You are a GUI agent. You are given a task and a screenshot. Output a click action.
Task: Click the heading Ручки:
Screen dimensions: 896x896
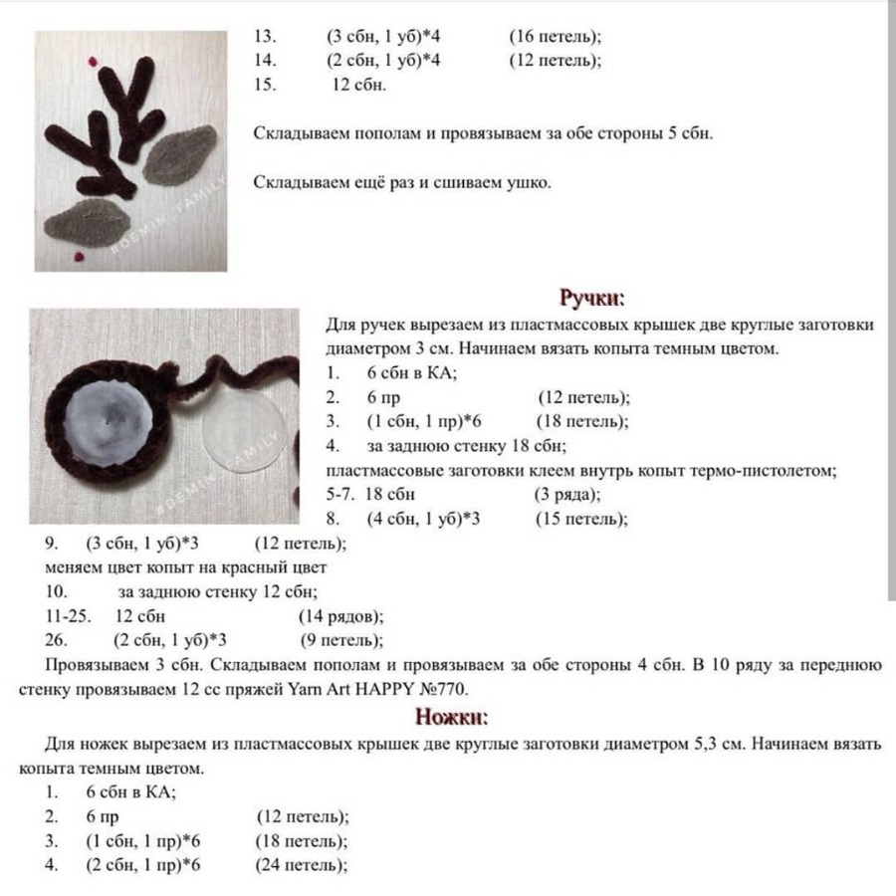click(591, 298)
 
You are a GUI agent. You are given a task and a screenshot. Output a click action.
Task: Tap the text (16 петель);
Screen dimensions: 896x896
click(555, 37)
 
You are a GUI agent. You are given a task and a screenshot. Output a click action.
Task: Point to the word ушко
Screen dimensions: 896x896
click(528, 183)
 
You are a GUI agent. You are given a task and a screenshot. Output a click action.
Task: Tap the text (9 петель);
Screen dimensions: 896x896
click(341, 640)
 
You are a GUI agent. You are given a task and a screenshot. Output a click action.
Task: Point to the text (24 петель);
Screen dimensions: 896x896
click(302, 865)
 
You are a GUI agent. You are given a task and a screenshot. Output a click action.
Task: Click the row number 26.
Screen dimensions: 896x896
click(56, 640)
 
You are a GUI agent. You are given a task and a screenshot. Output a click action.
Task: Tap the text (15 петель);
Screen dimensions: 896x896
click(581, 519)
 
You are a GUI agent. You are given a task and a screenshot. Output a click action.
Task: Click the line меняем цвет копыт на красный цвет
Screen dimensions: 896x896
click(186, 567)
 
